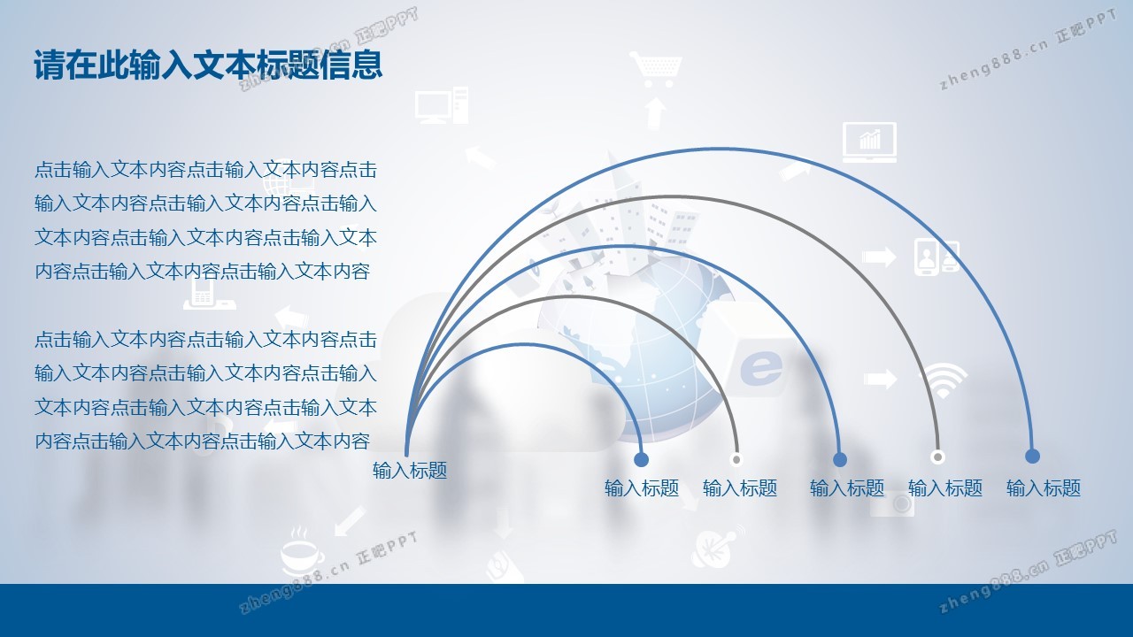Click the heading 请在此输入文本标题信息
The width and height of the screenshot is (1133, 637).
tap(208, 65)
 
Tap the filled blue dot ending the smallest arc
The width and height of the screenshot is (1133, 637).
tap(642, 459)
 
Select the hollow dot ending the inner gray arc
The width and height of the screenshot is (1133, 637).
tap(736, 459)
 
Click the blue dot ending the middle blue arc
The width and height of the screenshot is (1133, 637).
tap(840, 459)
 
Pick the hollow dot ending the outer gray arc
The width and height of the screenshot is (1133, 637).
tap(937, 457)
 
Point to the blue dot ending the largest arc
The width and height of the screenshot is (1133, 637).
tap(1032, 456)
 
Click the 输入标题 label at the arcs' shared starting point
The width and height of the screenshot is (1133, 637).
tap(410, 470)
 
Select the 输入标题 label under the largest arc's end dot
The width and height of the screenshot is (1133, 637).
tap(1044, 487)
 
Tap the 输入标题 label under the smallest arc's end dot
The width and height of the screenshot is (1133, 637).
tap(642, 487)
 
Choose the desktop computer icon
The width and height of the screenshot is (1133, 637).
tap(442, 105)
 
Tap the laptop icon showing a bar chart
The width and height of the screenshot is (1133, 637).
tap(869, 142)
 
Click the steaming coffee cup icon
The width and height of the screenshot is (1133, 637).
tap(302, 552)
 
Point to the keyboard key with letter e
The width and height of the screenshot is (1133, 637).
tap(758, 365)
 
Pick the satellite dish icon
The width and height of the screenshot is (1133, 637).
tap(716, 548)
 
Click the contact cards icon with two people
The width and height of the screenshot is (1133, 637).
tap(936, 257)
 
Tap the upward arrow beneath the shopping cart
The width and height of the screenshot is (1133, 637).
tap(655, 113)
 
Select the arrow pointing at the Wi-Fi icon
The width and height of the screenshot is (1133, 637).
tap(880, 379)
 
